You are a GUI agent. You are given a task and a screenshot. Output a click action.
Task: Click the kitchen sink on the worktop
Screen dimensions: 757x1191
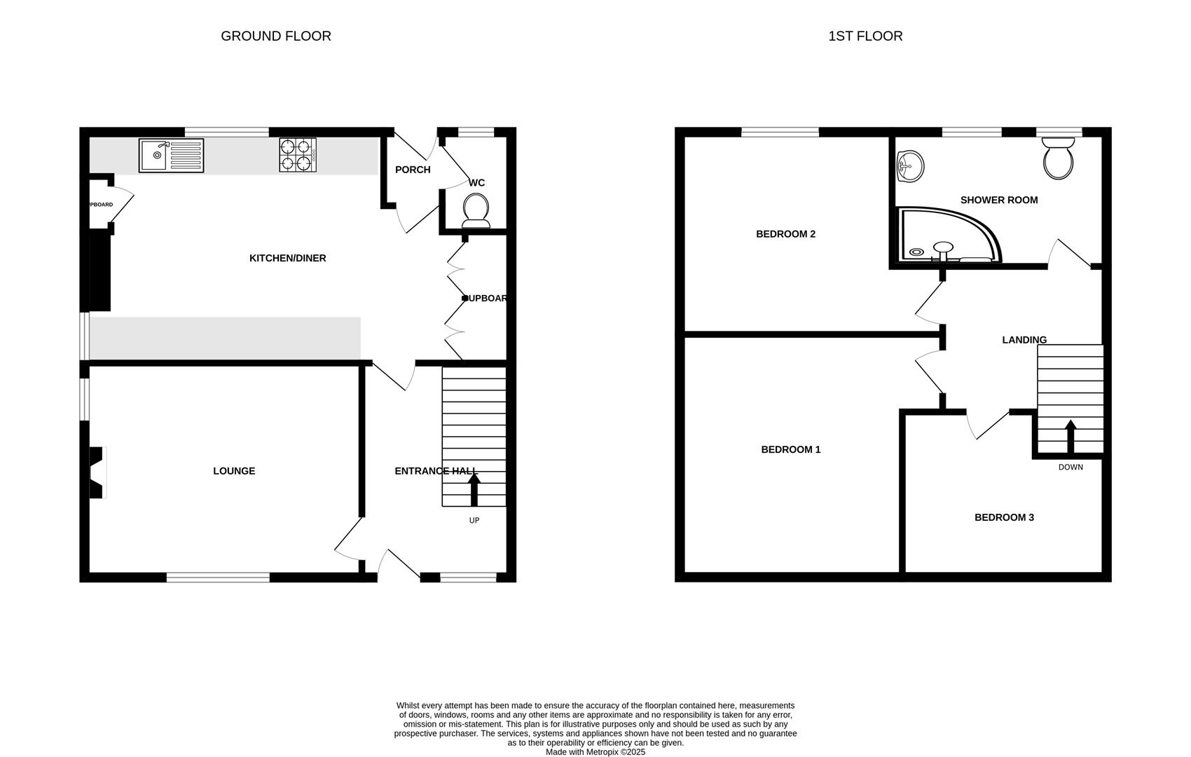171,155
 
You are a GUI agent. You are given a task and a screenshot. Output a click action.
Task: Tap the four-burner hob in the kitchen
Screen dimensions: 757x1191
298,155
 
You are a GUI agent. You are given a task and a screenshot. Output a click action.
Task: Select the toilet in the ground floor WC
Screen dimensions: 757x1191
476,211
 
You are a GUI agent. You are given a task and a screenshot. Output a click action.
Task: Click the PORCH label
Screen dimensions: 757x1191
413,170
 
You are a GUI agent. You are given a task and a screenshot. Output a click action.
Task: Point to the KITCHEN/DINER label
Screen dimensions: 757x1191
287,258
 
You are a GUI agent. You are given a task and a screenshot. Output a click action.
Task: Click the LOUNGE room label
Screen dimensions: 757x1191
234,471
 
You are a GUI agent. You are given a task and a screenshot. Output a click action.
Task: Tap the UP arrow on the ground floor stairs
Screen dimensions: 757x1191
474,490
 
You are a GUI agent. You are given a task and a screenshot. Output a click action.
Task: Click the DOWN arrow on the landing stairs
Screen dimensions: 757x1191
1070,437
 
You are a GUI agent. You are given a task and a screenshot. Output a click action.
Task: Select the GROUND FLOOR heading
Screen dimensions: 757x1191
276,36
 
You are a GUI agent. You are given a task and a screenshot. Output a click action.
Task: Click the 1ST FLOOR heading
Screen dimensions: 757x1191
865,36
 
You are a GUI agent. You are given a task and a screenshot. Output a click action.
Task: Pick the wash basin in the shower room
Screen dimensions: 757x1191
911,167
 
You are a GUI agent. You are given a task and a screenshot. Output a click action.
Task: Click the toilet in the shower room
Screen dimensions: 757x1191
1058,158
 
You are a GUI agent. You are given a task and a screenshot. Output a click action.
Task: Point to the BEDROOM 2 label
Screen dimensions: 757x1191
785,234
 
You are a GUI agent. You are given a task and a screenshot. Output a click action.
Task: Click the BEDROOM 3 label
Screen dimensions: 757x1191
1004,517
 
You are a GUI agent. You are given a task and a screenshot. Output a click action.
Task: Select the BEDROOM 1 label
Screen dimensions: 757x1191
790,449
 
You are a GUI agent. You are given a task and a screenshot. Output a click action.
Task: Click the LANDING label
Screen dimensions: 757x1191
1024,340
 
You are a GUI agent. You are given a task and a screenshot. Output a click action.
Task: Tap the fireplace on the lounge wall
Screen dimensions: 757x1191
97,473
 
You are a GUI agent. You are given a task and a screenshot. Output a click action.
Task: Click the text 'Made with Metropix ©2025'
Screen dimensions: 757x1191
595,752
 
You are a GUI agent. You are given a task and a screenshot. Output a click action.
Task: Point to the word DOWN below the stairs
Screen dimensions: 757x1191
1070,467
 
